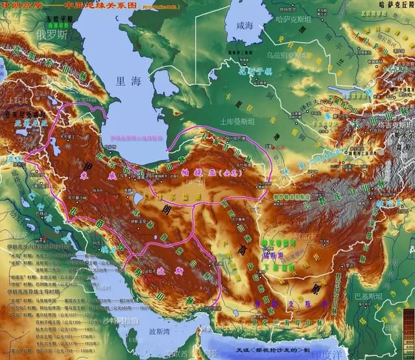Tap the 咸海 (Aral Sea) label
[245, 25]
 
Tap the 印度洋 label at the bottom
[396, 354]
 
